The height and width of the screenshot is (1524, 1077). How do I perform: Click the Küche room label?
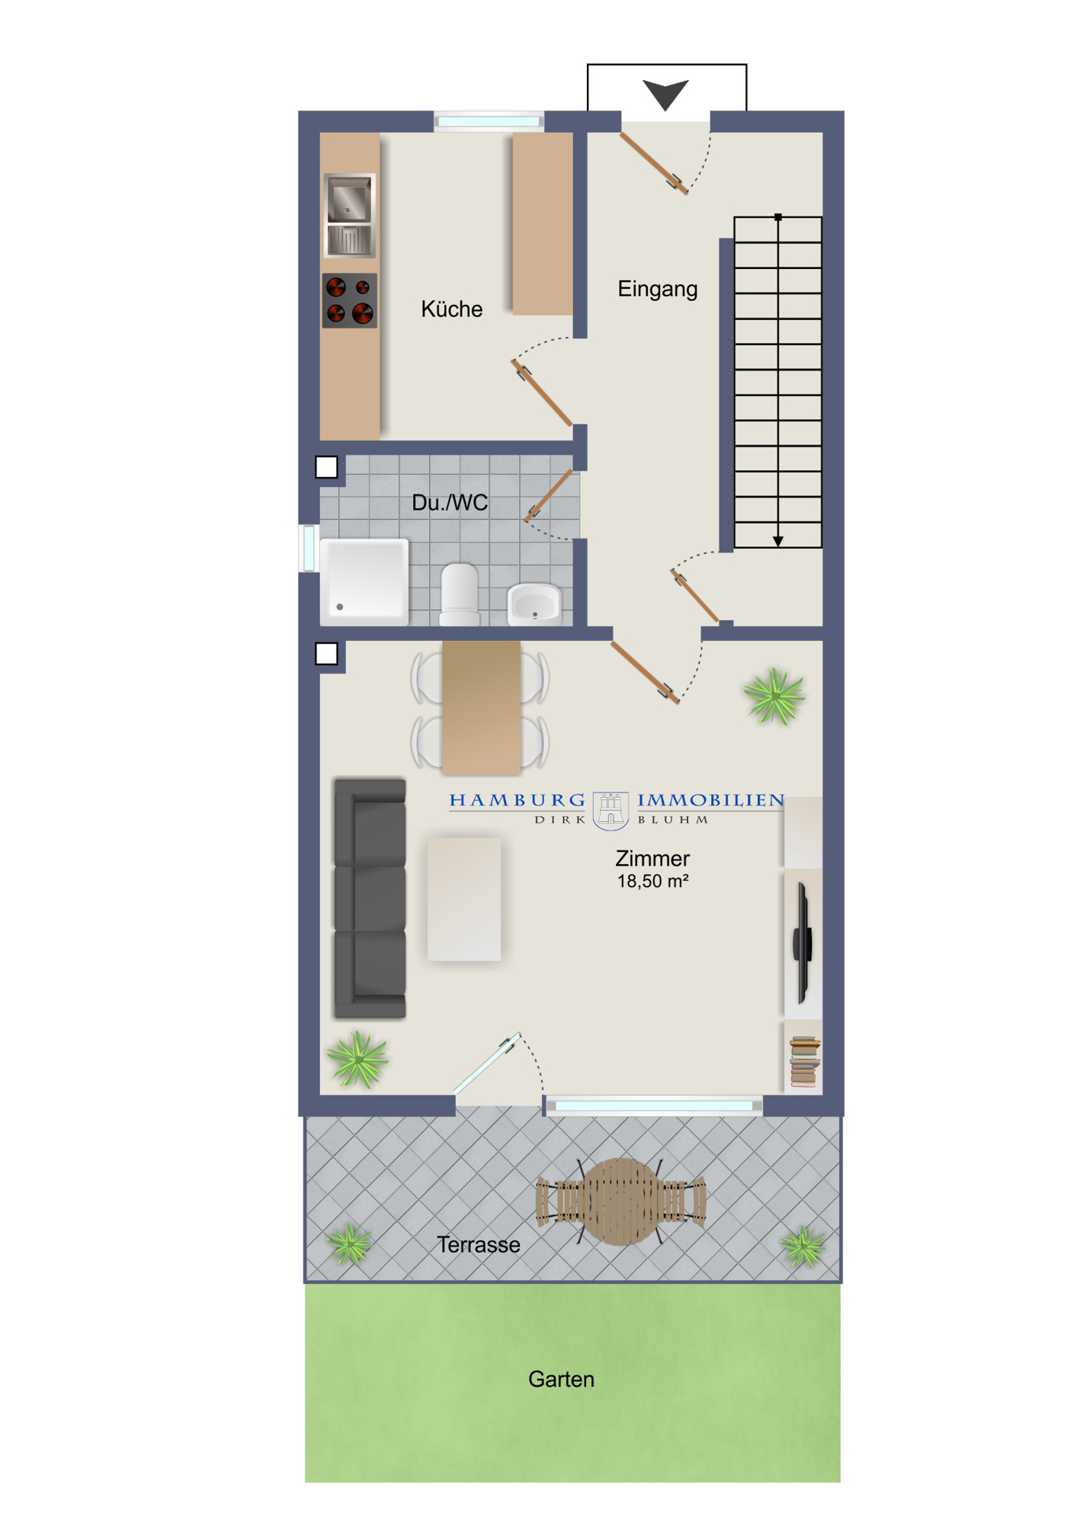click(x=451, y=309)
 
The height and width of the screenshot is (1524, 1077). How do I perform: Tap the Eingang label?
click(x=657, y=290)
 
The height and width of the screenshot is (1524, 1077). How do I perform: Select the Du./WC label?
click(x=450, y=503)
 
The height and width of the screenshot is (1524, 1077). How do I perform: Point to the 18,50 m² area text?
click(x=652, y=882)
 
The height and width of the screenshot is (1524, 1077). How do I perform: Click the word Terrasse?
click(x=479, y=1245)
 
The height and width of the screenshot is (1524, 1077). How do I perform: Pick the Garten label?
click(x=561, y=1379)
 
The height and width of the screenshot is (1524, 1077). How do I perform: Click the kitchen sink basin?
click(x=349, y=198)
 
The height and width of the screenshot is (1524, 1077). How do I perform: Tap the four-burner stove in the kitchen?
click(x=350, y=301)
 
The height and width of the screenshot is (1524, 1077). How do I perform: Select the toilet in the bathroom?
click(x=460, y=594)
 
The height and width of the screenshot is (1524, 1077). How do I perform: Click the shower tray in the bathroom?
click(x=364, y=581)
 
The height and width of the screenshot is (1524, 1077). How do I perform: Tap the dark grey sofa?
click(x=370, y=898)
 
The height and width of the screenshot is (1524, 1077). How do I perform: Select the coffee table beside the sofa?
click(x=464, y=899)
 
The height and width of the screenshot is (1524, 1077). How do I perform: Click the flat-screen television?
click(x=803, y=943)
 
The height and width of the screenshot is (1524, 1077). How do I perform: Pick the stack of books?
click(x=805, y=1061)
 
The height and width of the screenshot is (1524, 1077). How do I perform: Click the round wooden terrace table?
click(x=621, y=1202)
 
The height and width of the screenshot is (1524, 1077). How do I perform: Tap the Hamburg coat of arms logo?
click(x=611, y=810)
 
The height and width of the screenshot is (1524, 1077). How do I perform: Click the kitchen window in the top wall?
click(x=489, y=121)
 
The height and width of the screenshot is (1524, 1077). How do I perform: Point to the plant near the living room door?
click(x=774, y=694)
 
